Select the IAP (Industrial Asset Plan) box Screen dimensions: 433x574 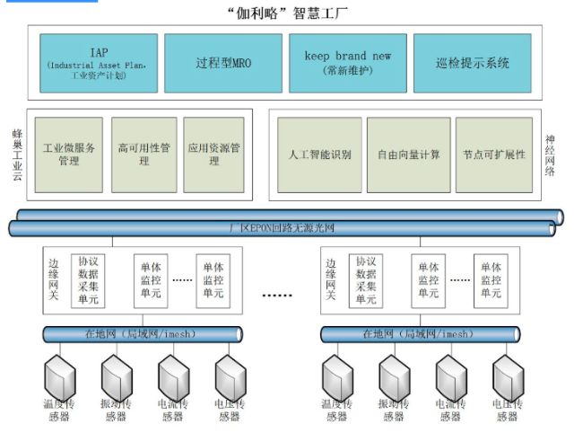(x=99, y=62)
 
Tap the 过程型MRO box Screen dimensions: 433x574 (x=222, y=63)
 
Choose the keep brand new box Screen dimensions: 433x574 (x=347, y=62)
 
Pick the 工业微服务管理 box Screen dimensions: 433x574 (x=68, y=155)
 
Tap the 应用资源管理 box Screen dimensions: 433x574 (x=213, y=155)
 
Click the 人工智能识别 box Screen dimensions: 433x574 (x=320, y=155)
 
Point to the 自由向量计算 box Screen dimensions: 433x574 (x=408, y=155)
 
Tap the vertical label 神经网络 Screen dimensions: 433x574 (x=551, y=155)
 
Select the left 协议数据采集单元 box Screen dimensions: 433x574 (x=88, y=280)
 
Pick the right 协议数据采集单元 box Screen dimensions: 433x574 (x=366, y=280)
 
